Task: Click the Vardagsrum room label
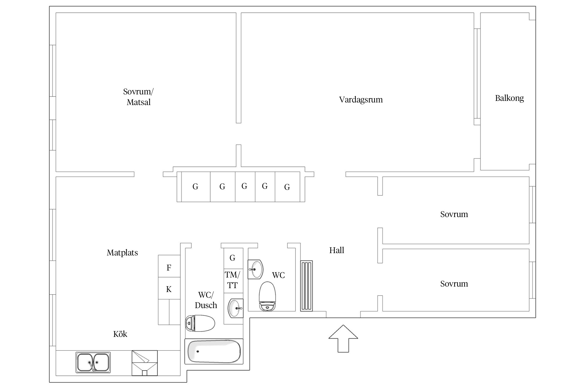point(361,100)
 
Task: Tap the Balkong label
point(509,98)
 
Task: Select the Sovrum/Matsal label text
point(138,97)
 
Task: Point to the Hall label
point(337,250)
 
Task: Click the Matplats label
point(122,253)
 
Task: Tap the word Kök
point(120,334)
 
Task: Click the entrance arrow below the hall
point(343,338)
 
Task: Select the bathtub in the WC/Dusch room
point(214,351)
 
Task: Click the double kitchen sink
point(93,362)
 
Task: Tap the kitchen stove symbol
point(145,363)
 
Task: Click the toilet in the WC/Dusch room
point(200,323)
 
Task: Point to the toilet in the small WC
point(267,296)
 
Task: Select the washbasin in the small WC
point(255,269)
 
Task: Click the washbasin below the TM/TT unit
point(236,308)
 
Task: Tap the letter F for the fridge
point(169,268)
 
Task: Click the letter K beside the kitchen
point(169,289)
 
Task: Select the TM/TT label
point(232,280)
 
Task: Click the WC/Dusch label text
point(206,300)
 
